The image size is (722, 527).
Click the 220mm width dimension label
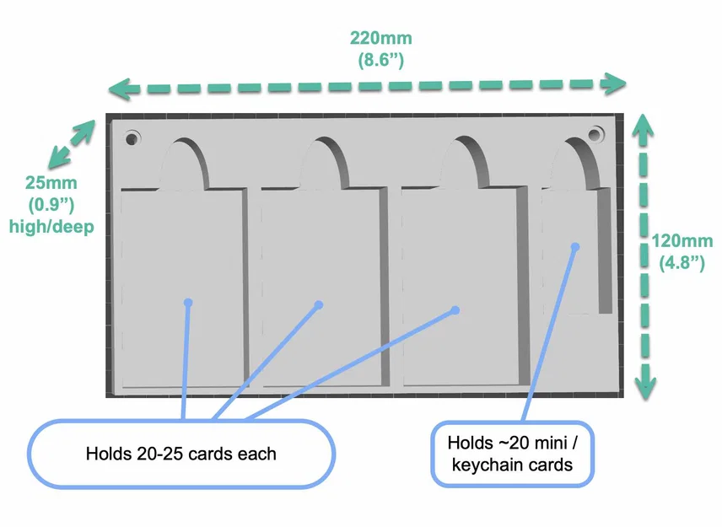tap(380, 38)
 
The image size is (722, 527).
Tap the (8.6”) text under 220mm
tap(380, 60)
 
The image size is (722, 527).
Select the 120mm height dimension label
tap(682, 240)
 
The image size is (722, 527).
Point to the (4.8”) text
tap(682, 263)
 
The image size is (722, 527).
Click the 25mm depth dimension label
tap(51, 182)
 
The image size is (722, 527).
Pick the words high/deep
tap(51, 227)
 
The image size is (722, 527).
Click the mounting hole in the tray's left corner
tap(132, 138)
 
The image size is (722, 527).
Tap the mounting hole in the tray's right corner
tap(595, 134)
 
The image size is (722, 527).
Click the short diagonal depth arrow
tap(72, 143)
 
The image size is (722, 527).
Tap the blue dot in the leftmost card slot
tap(188, 303)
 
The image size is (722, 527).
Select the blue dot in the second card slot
tap(319, 304)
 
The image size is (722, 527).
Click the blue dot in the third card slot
tap(455, 310)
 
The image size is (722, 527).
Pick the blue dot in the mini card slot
tap(575, 247)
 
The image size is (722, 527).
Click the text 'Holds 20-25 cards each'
tap(181, 454)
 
